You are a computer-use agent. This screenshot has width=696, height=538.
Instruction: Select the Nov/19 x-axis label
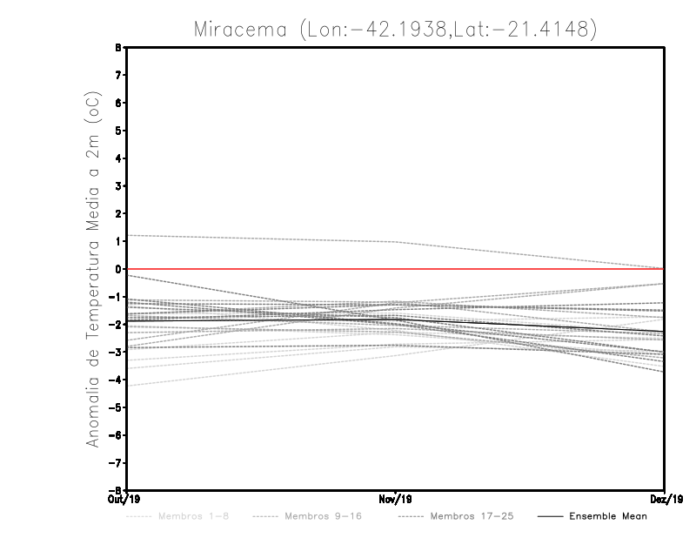(396, 499)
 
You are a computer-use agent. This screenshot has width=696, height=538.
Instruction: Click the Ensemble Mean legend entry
(608, 516)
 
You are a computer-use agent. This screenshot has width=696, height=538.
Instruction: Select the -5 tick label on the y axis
(117, 407)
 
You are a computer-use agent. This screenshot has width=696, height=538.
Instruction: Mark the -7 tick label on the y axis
(117, 462)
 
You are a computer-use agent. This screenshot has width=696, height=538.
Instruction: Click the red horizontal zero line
(522, 269)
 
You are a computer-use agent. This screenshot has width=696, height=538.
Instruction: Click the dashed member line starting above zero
(261, 239)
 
